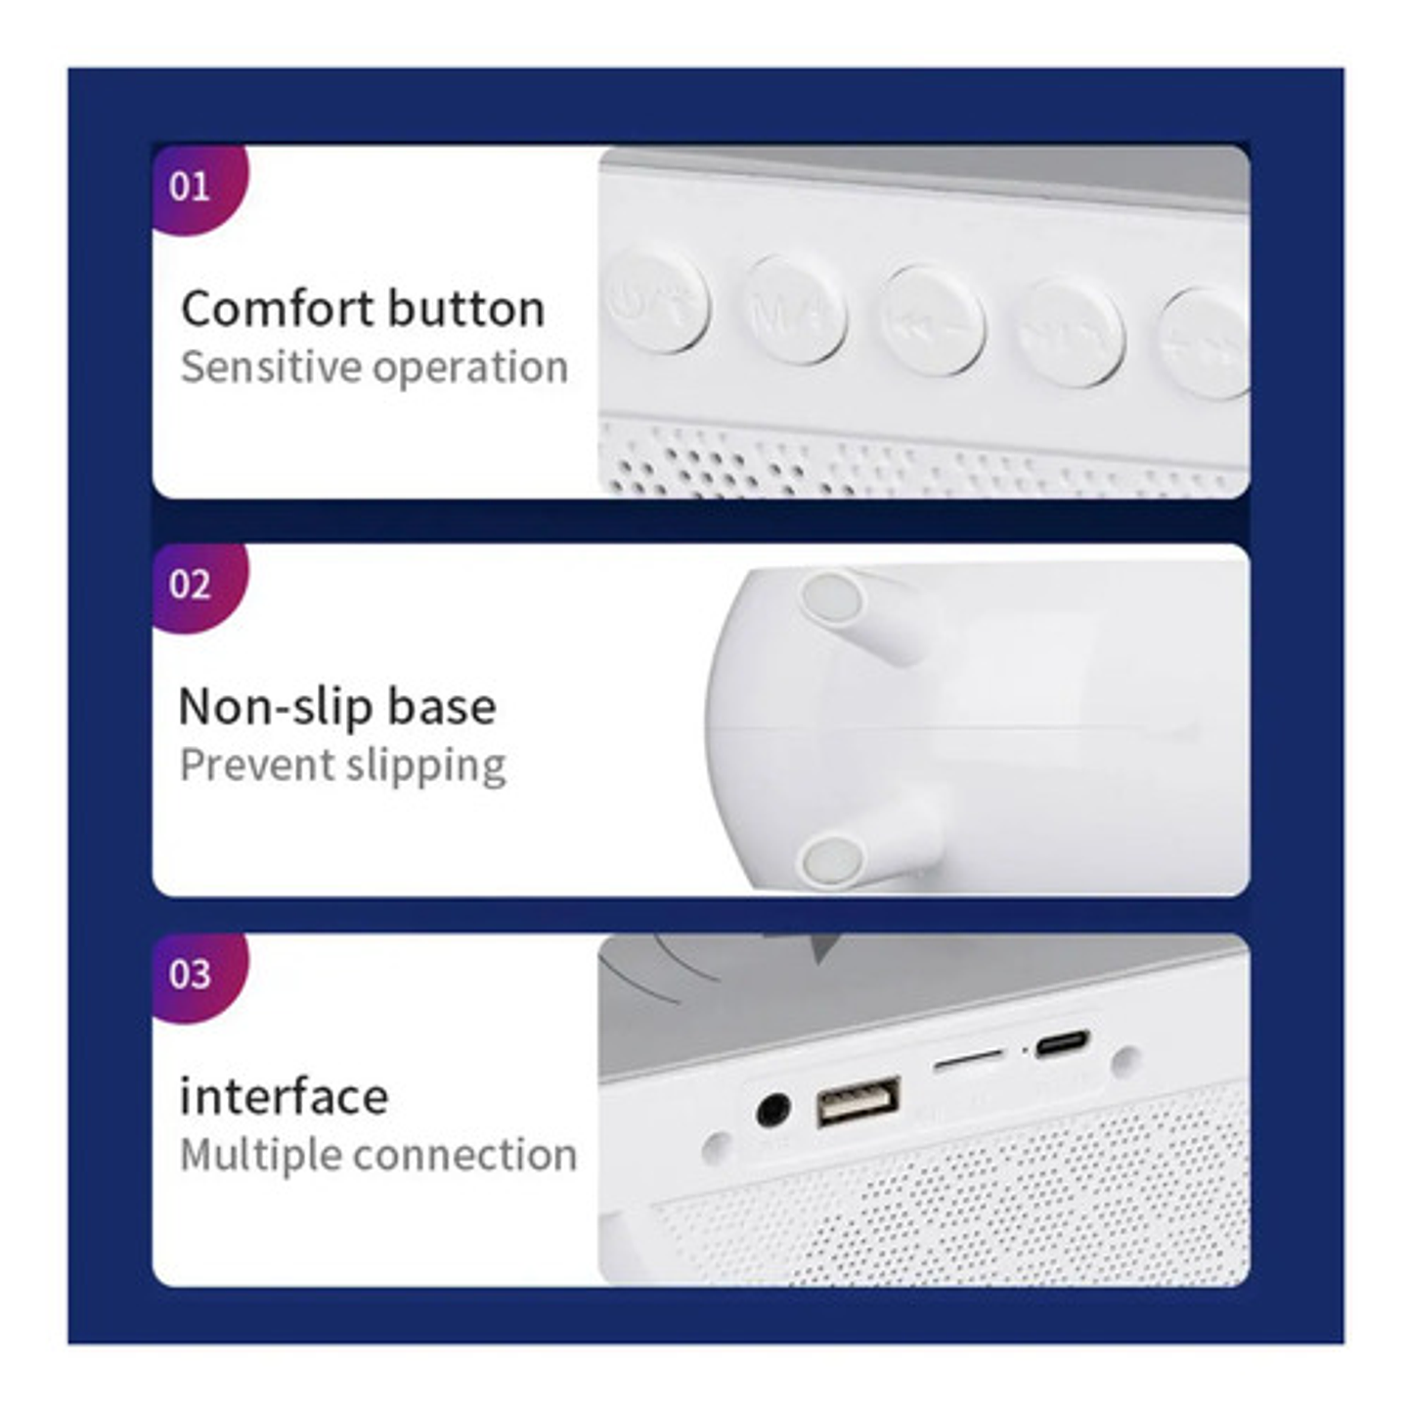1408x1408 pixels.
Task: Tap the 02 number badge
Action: click(191, 585)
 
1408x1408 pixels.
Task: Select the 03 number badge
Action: click(191, 974)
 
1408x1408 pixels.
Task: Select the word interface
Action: click(284, 1096)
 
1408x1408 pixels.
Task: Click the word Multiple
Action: click(260, 1155)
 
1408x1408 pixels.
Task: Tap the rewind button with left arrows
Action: click(931, 320)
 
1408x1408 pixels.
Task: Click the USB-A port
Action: click(858, 1102)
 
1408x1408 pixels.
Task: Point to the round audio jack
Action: click(773, 1112)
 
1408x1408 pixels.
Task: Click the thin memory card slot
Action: click(968, 1060)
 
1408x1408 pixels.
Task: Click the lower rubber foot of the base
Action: click(831, 860)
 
